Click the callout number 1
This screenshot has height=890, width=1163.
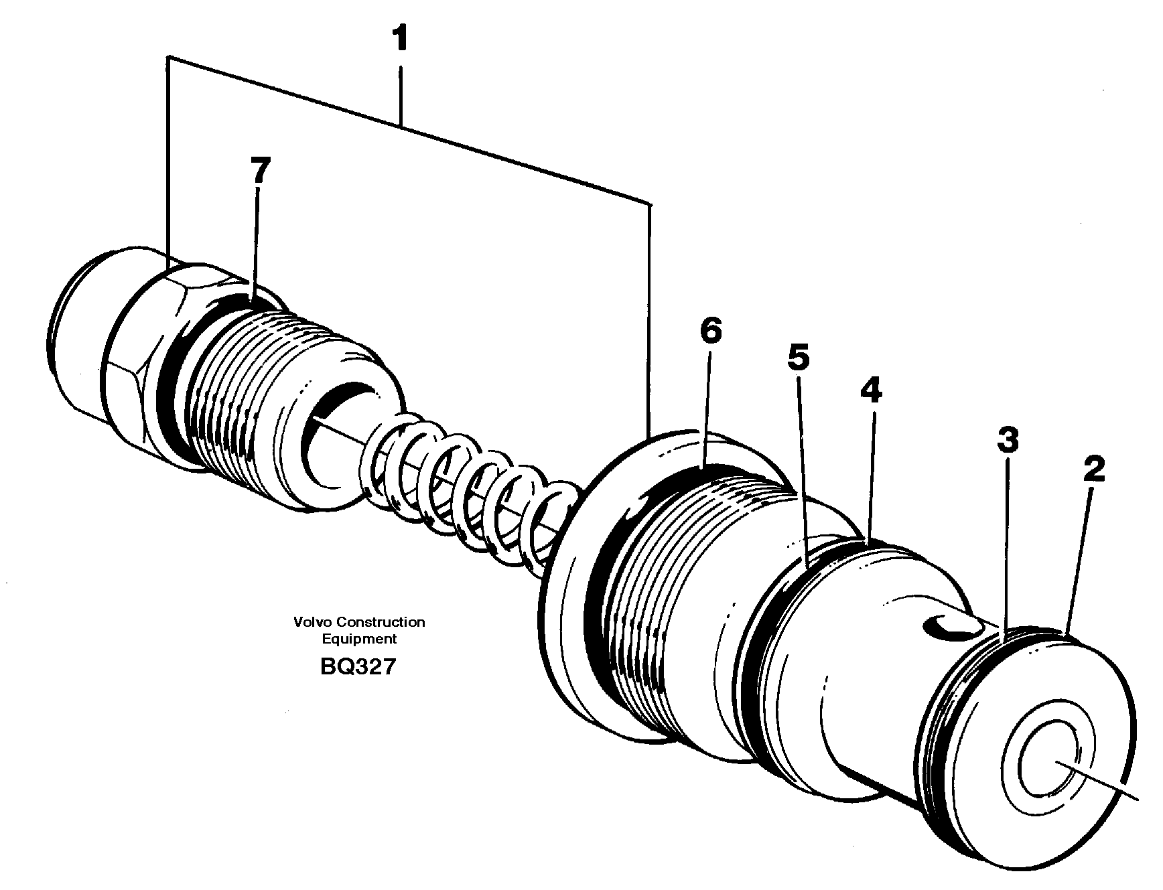[400, 40]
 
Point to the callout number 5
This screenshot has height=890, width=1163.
[798, 358]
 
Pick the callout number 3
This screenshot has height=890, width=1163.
[1008, 440]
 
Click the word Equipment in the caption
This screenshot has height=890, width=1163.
[359, 639]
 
